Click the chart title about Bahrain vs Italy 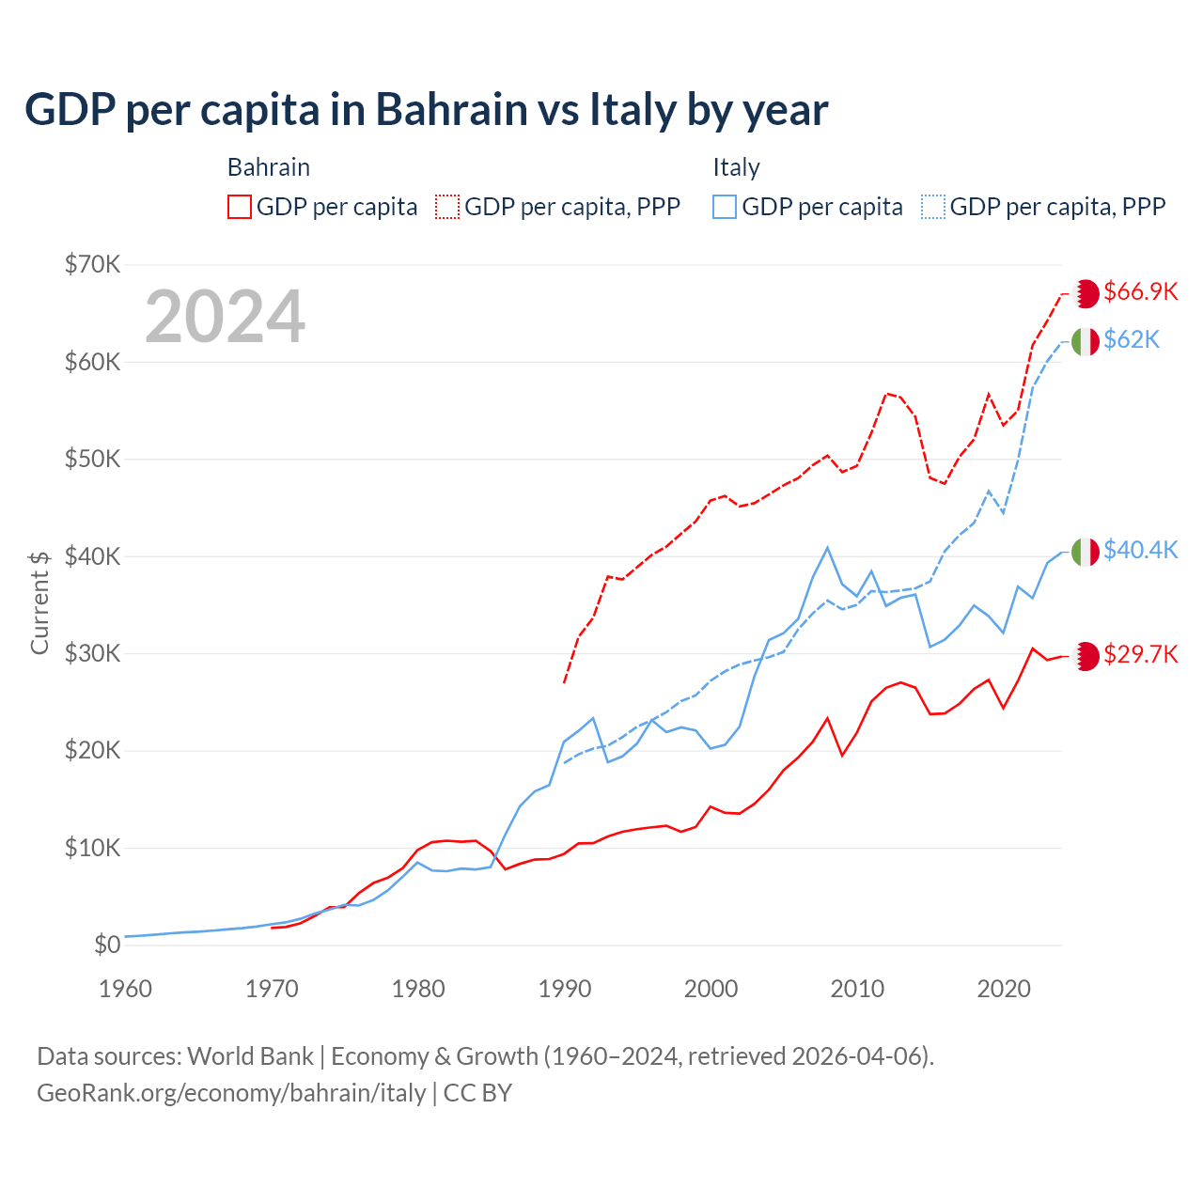(x=426, y=110)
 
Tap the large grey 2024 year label (x=226, y=317)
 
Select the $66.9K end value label (x=1140, y=291)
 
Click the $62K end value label (x=1132, y=339)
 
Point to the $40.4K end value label (x=1140, y=550)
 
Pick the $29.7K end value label (x=1140, y=654)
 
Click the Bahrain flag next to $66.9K (x=1086, y=293)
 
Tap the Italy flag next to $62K (x=1086, y=342)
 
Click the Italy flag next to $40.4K (x=1086, y=552)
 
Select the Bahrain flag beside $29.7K (x=1086, y=656)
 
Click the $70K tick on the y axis (x=92, y=264)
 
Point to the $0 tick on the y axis (x=107, y=945)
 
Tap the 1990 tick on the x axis (x=565, y=989)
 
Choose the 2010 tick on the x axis (x=857, y=989)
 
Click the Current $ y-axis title (x=39, y=602)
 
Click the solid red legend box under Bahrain (x=240, y=207)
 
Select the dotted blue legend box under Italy (x=933, y=207)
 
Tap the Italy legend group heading (x=736, y=167)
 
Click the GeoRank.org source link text (x=231, y=1093)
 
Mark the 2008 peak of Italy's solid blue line (x=827, y=548)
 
